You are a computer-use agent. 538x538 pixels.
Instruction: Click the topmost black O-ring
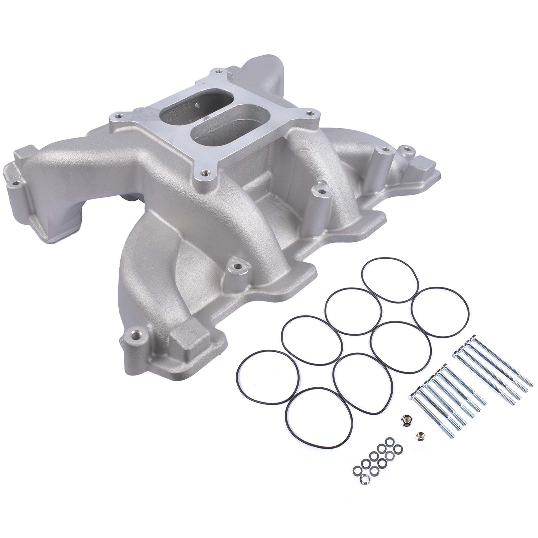click(390, 280)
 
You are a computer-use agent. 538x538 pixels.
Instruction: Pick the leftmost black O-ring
click(268, 377)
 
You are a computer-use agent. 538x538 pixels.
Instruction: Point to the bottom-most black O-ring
click(319, 418)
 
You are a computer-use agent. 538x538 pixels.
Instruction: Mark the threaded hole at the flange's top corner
click(219, 71)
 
